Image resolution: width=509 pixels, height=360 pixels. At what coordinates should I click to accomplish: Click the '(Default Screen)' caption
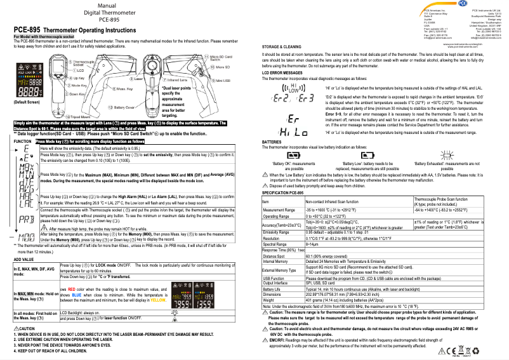point(28,102)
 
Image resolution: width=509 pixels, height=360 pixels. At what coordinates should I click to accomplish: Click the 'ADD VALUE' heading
point(23,260)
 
